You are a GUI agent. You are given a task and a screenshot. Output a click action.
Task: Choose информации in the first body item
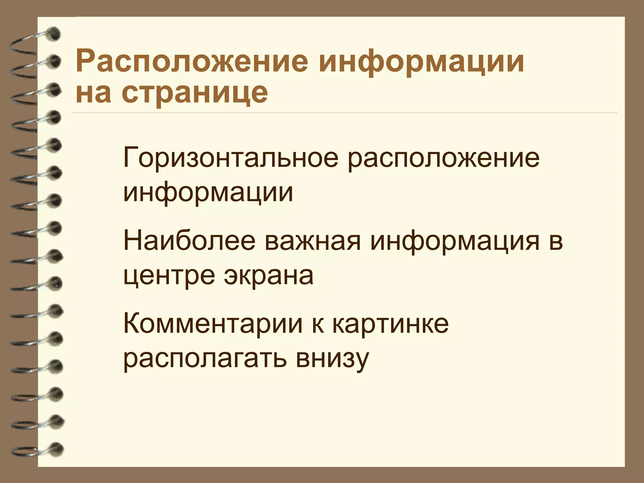(208, 192)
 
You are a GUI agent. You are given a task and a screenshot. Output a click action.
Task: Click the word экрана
(269, 275)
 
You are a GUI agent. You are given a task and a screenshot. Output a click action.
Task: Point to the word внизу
(332, 358)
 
